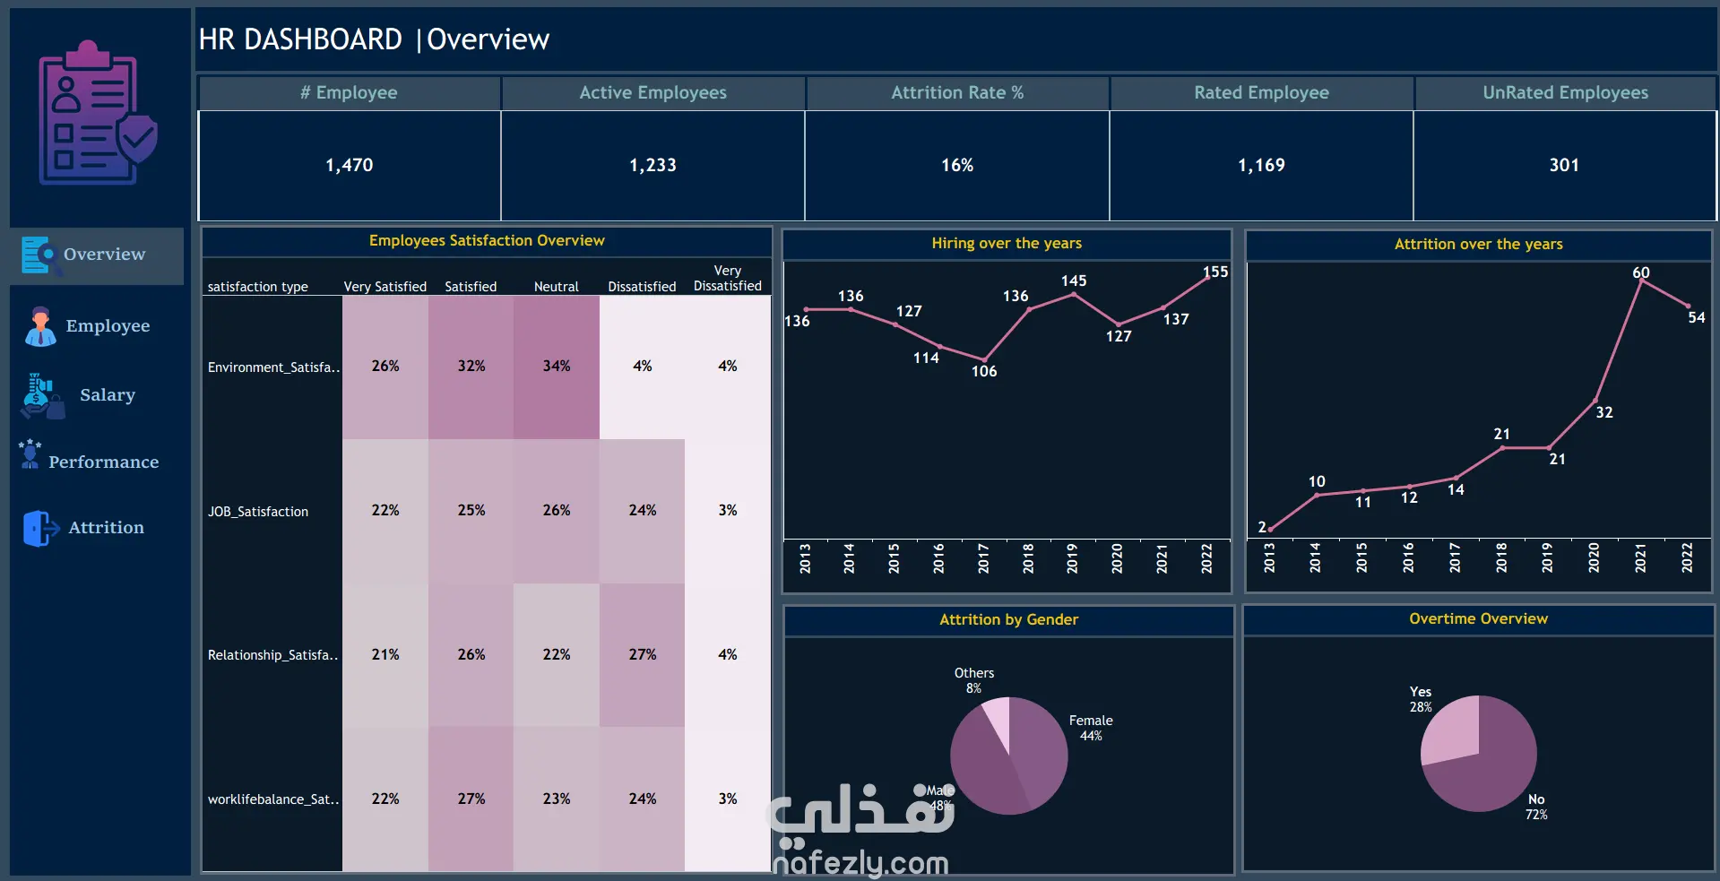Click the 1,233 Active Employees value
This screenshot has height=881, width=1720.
pyautogui.click(x=653, y=165)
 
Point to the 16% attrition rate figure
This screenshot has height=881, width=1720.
pyautogui.click(x=957, y=165)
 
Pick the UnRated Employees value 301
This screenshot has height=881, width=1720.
pyautogui.click(x=1564, y=165)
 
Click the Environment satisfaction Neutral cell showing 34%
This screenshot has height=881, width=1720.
pyautogui.click(x=557, y=367)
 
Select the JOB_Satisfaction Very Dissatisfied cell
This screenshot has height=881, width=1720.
pyautogui.click(x=728, y=511)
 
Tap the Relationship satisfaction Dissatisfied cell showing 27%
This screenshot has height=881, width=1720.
pyautogui.click(x=643, y=655)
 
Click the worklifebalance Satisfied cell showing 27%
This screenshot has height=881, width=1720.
pyautogui.click(x=471, y=799)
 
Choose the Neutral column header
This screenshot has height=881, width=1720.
pyautogui.click(x=557, y=287)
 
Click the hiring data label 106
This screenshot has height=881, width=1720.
pyautogui.click(x=984, y=371)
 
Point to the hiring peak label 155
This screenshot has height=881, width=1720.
pyautogui.click(x=1215, y=272)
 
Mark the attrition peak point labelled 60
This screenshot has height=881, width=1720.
pyautogui.click(x=1641, y=281)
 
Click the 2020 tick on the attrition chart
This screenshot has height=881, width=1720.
pyautogui.click(x=1594, y=557)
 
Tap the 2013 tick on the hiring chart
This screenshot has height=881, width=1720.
pyautogui.click(x=805, y=557)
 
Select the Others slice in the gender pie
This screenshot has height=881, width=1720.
pyautogui.click(x=997, y=722)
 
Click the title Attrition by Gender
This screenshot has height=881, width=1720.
pyautogui.click(x=1008, y=619)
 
